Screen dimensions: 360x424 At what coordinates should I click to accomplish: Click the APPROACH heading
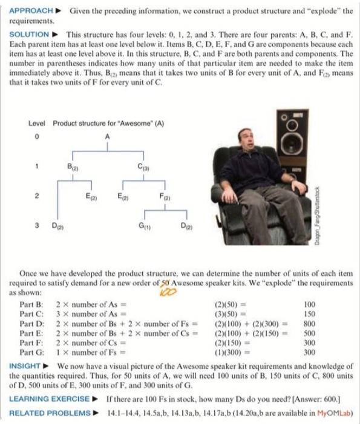[29, 11]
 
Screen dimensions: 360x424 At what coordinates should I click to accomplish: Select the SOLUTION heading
[28, 35]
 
